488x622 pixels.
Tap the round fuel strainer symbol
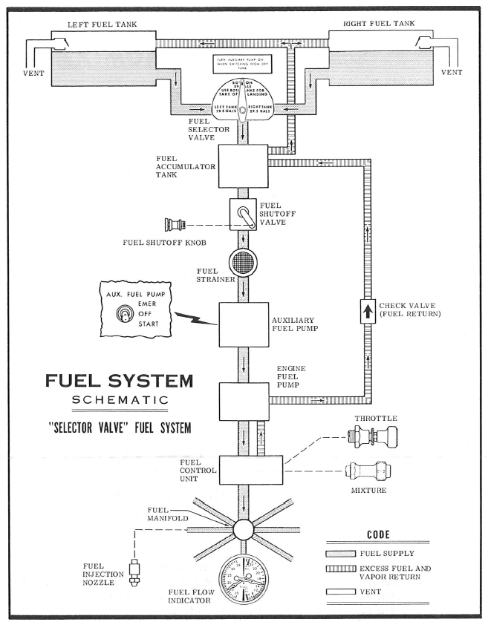tap(242, 263)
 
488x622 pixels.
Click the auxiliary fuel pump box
tap(242, 324)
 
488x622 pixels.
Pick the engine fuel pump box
tap(242, 402)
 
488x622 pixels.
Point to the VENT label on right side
tap(452, 73)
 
